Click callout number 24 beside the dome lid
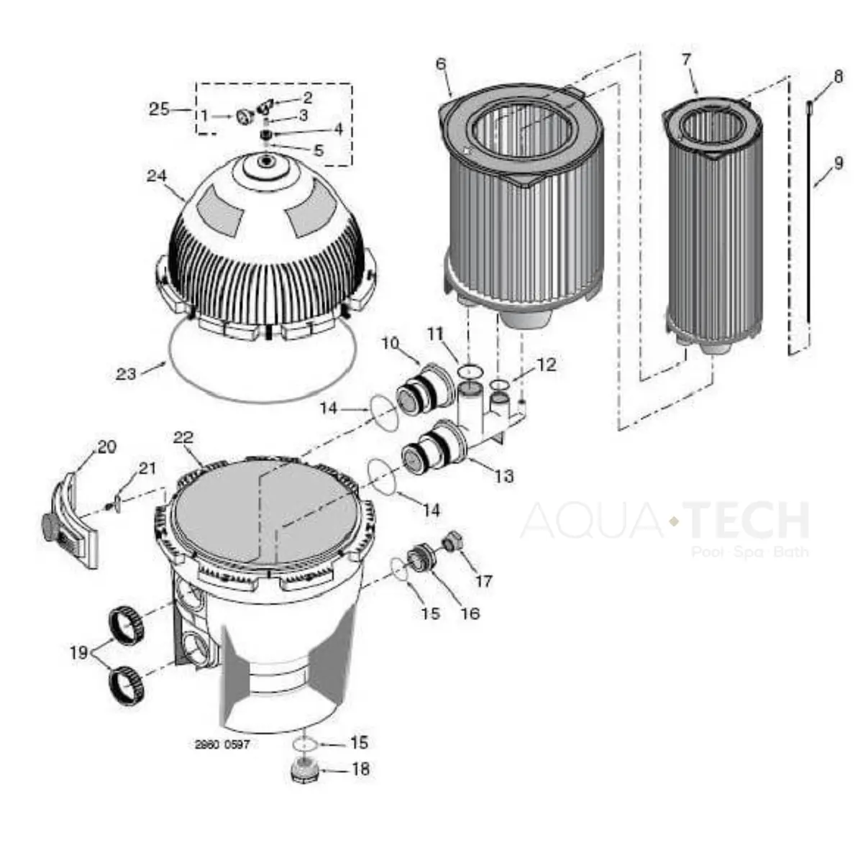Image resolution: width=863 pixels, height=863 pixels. (x=157, y=176)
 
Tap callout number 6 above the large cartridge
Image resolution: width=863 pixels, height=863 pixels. (x=441, y=64)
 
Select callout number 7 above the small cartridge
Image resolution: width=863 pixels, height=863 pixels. (x=687, y=59)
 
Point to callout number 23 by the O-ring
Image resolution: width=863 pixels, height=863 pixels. (x=126, y=373)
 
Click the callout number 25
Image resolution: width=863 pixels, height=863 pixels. (x=159, y=109)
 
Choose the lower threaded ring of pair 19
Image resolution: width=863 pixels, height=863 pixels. (x=127, y=687)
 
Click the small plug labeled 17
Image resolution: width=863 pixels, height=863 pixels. (x=452, y=541)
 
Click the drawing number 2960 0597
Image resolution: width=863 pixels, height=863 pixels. (x=222, y=745)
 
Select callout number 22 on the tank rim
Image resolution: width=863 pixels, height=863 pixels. (x=183, y=437)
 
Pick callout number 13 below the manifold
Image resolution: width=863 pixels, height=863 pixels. (x=504, y=475)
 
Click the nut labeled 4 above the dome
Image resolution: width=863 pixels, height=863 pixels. (x=267, y=134)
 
